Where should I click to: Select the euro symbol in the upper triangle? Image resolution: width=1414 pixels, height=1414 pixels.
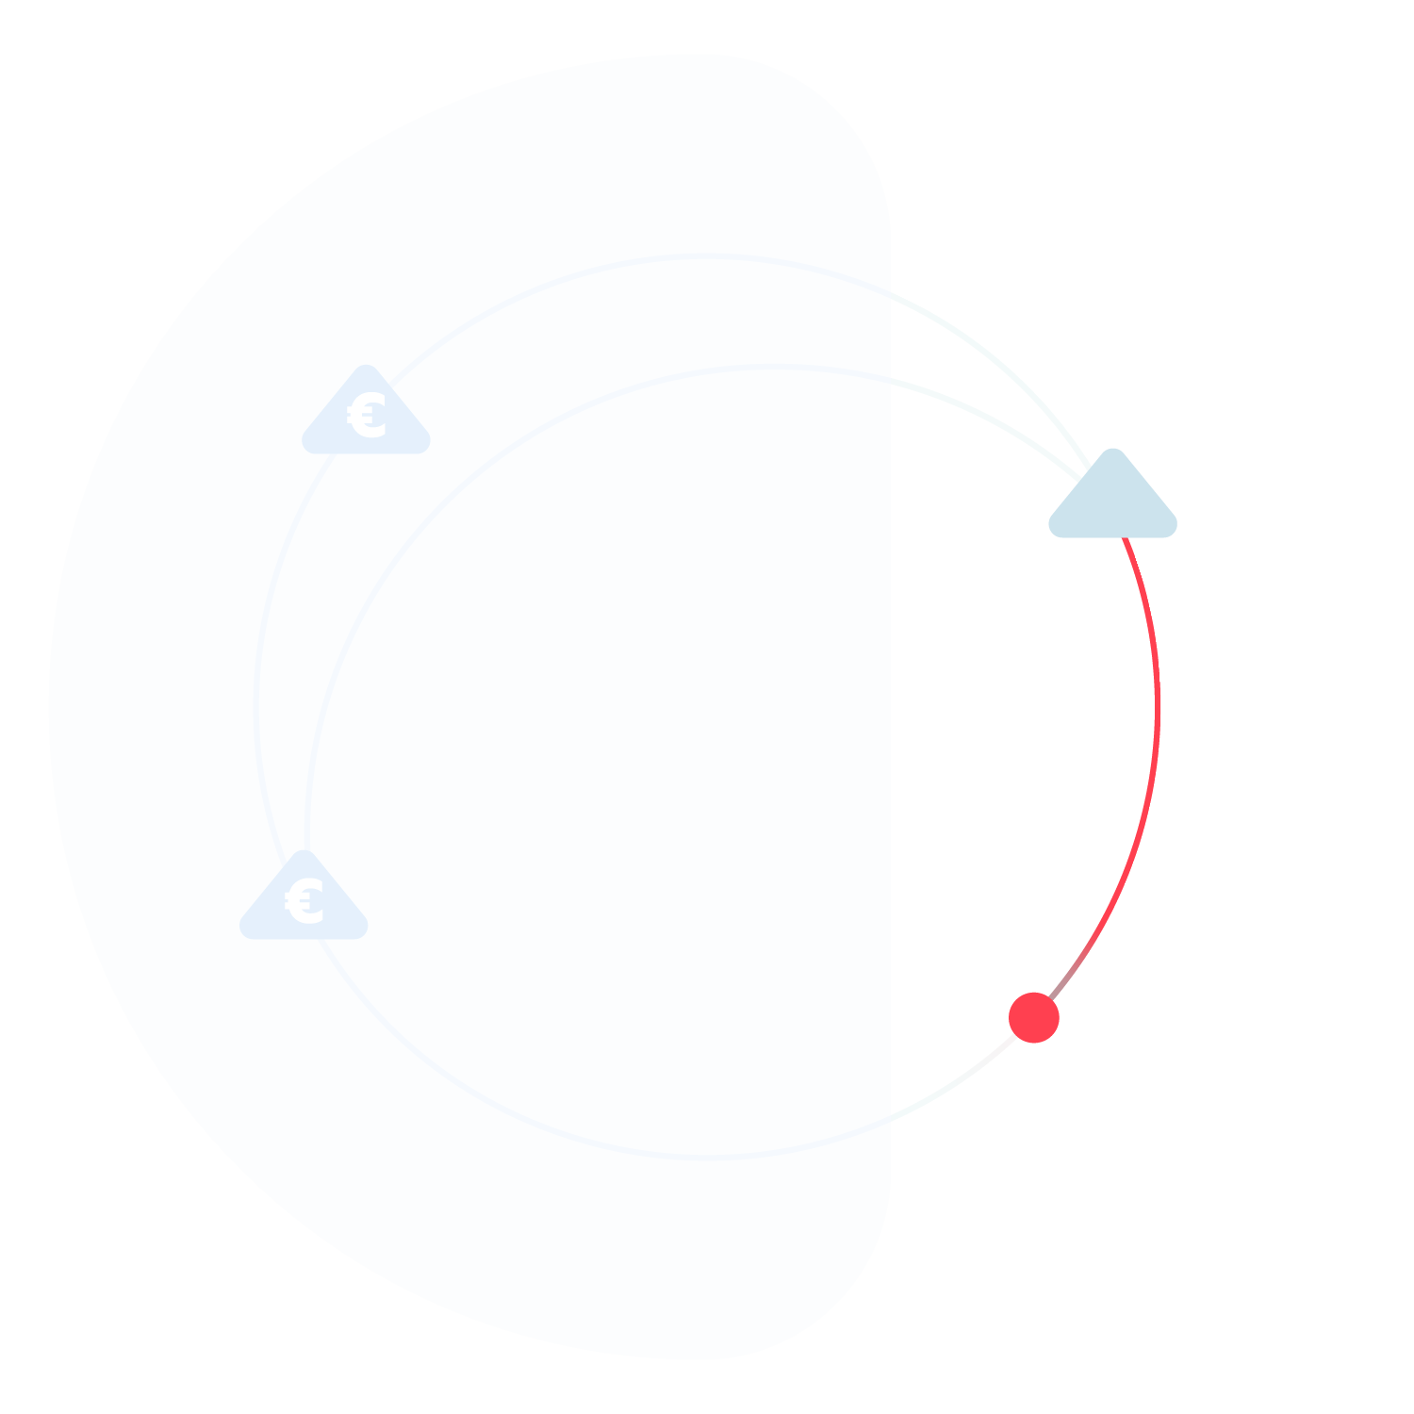(368, 416)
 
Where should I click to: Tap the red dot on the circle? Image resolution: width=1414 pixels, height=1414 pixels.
(1034, 1018)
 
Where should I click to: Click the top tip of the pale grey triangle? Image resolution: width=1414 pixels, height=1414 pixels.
(1113, 452)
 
